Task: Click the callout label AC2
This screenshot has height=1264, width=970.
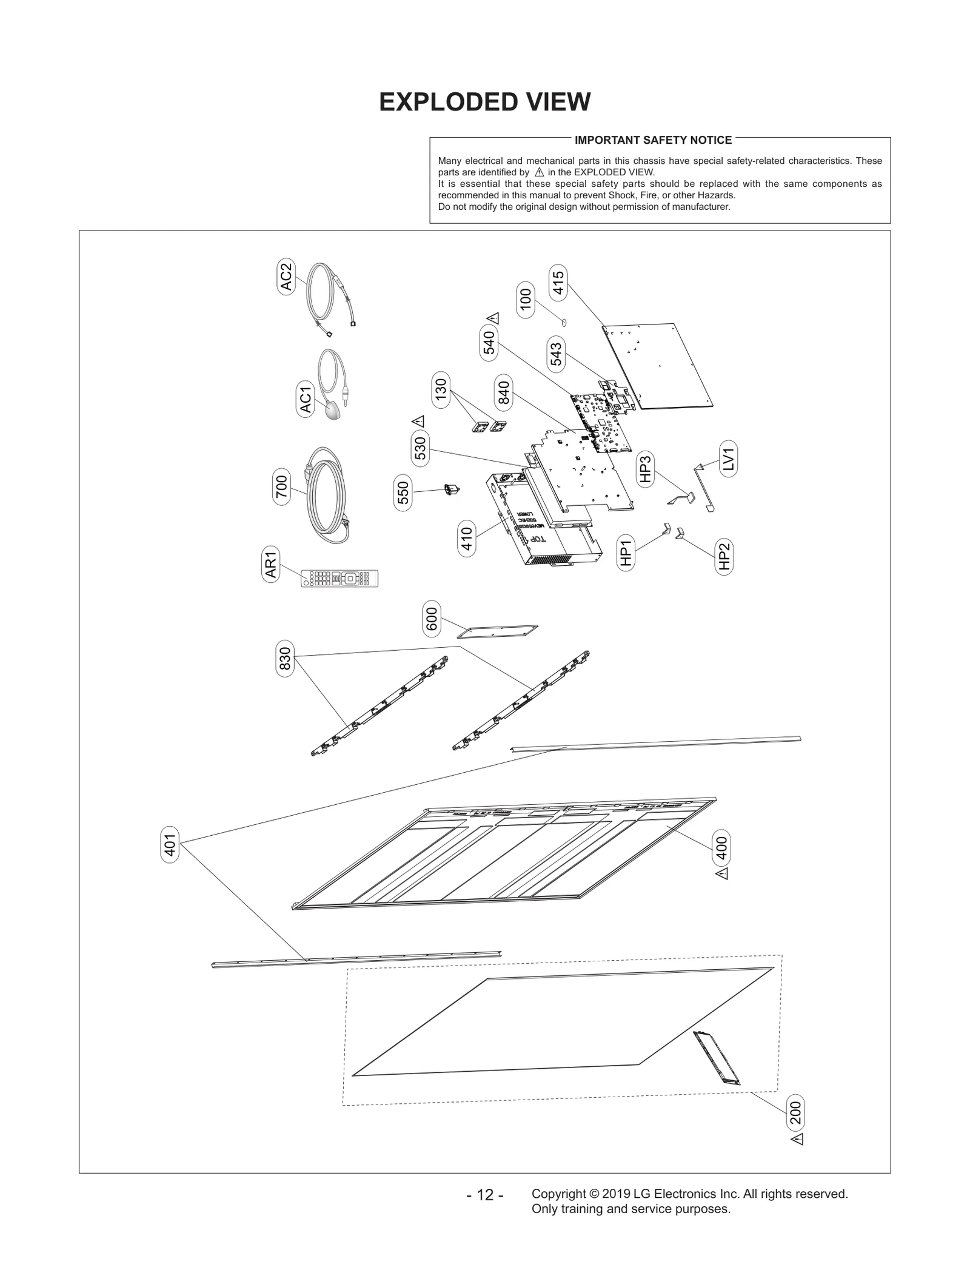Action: (x=286, y=277)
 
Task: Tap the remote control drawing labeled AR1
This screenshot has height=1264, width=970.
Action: (x=339, y=578)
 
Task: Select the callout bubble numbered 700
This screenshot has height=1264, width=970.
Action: (x=281, y=487)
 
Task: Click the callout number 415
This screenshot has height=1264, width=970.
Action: (x=558, y=283)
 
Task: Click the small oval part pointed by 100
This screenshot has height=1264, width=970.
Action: (x=564, y=323)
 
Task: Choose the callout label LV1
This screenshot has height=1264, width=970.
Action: (x=729, y=459)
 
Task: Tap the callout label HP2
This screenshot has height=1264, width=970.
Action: (x=724, y=556)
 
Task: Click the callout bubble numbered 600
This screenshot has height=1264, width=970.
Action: (x=432, y=619)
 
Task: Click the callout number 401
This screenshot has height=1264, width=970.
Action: (x=170, y=845)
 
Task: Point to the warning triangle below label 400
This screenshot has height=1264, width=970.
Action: (x=721, y=874)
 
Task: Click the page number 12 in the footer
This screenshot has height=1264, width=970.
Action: (x=485, y=1195)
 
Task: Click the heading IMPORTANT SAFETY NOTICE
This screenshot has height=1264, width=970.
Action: (x=653, y=140)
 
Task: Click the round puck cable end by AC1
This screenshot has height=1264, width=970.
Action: (x=333, y=411)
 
